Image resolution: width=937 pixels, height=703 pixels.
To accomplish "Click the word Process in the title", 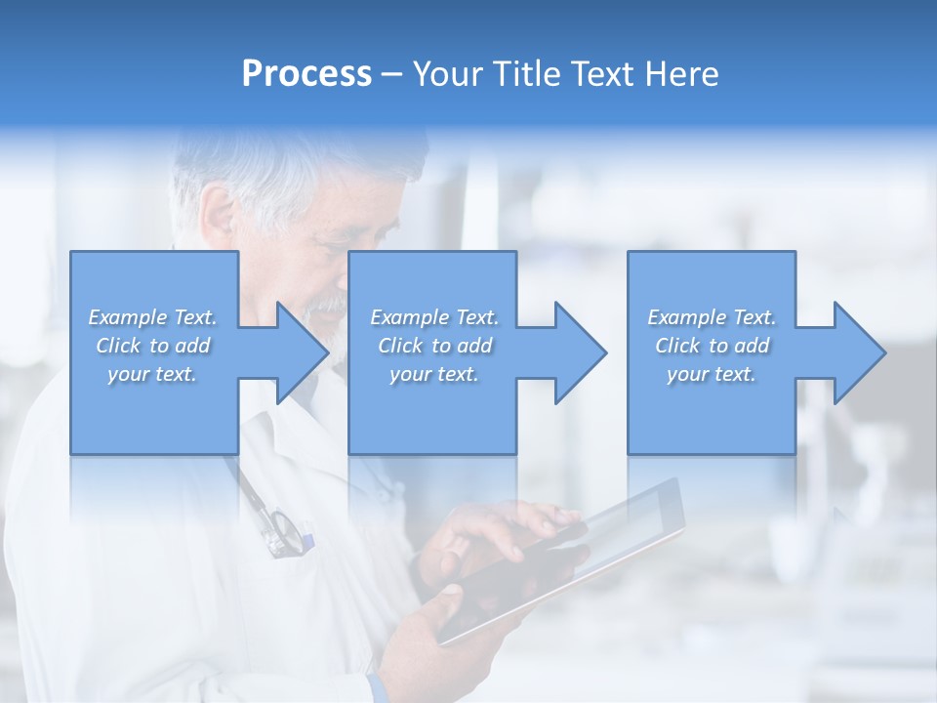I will point(306,74).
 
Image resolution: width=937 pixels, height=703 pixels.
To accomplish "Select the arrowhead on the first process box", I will point(298,352).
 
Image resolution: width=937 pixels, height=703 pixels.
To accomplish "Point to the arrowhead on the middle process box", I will point(576,352).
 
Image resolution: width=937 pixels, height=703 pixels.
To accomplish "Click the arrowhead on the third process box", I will point(855,352).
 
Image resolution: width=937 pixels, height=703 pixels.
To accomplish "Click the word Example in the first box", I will point(126,317).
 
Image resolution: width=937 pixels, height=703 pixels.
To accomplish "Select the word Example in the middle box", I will point(408,317).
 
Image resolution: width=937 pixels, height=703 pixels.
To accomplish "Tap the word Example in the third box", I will point(685,317).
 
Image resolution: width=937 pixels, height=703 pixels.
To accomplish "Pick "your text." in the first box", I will point(152,374).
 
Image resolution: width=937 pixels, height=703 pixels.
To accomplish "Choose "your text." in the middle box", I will point(433,374).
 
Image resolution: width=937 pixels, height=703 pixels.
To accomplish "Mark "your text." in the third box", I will point(711,374).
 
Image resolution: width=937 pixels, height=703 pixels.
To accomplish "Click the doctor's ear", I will point(218,211).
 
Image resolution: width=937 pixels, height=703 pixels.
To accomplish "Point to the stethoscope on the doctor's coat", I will point(278,527).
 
